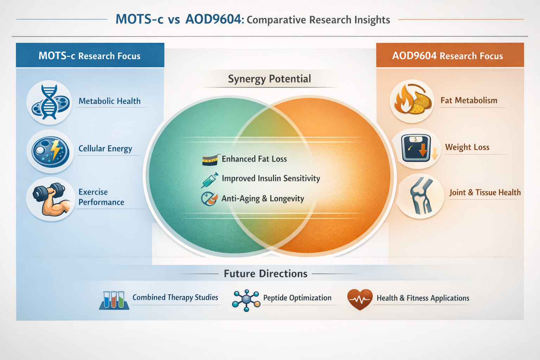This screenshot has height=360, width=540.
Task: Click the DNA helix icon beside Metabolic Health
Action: click(x=50, y=102)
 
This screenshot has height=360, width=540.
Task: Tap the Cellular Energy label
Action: click(x=105, y=149)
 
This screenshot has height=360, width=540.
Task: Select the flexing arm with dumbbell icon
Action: click(x=51, y=199)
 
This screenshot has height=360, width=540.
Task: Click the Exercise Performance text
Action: click(x=101, y=197)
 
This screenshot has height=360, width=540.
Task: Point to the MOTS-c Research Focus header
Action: click(x=90, y=56)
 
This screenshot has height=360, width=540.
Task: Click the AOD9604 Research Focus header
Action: click(x=448, y=56)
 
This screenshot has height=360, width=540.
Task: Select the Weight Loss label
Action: click(x=467, y=147)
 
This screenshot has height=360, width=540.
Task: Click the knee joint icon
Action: click(x=420, y=196)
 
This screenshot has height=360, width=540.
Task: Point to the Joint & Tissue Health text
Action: click(x=485, y=193)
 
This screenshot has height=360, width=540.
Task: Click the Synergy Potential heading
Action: click(x=269, y=79)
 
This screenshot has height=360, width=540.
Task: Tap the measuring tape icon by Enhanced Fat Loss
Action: click(x=211, y=160)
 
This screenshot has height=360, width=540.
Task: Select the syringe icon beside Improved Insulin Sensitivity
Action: click(x=210, y=180)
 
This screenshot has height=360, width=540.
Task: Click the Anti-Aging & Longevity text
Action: click(x=263, y=199)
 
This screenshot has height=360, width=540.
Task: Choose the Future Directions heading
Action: click(x=265, y=274)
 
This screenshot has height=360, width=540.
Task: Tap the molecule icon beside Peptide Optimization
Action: click(x=246, y=300)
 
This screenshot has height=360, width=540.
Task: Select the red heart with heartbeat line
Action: click(x=360, y=299)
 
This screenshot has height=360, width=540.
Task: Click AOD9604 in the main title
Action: click(x=213, y=19)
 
